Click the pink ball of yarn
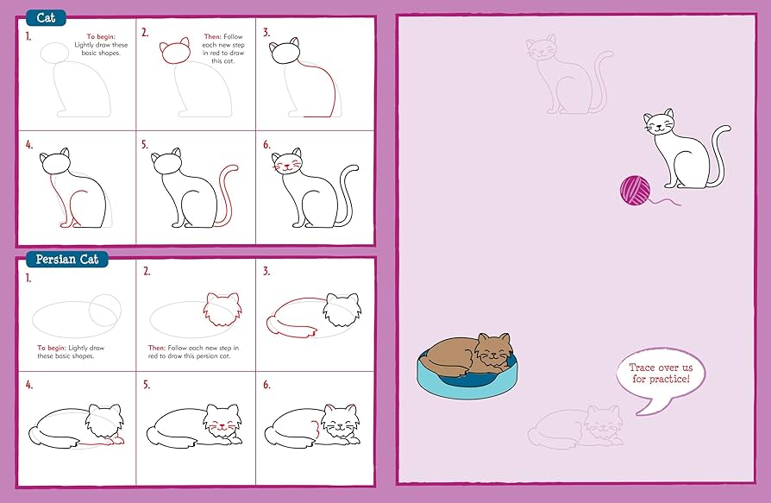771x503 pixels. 636,190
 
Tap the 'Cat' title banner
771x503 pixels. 45,17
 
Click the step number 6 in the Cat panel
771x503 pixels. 267,145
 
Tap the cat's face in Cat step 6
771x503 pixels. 289,163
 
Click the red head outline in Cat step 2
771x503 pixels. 175,53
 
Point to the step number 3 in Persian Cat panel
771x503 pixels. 267,271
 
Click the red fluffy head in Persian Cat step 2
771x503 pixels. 221,308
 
